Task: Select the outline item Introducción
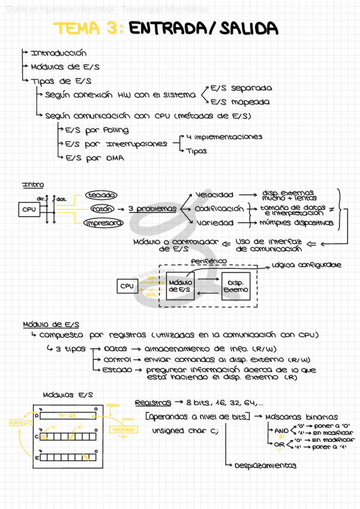point(58,54)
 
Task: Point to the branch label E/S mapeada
point(241,102)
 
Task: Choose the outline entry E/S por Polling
point(97,130)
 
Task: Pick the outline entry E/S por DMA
point(94,158)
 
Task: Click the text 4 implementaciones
point(224,137)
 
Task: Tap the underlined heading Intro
point(33,184)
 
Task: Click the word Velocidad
point(214,195)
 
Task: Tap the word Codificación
point(220,209)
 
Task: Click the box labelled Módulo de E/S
point(180,286)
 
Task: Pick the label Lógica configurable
point(306,265)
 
